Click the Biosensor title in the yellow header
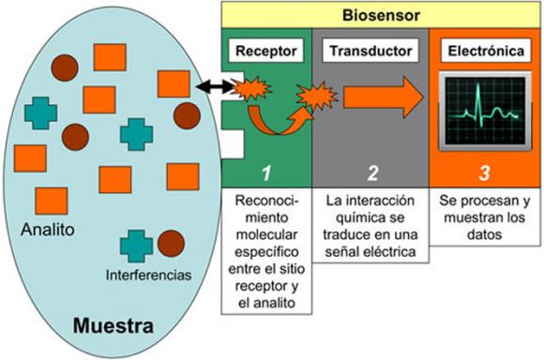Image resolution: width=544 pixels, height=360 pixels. pyautogui.click(x=380, y=14)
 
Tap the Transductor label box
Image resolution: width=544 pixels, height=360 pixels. pyautogui.click(x=368, y=52)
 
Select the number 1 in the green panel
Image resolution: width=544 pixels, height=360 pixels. pyautogui.click(x=265, y=171)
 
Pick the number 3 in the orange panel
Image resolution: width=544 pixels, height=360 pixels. pyautogui.click(x=484, y=171)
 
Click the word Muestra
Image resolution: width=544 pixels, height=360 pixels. pyautogui.click(x=113, y=329)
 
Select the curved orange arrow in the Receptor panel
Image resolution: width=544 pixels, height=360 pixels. pyautogui.click(x=274, y=120)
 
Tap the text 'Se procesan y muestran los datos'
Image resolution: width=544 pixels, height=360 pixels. pyautogui.click(x=485, y=217)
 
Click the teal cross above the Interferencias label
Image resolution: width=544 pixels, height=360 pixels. pyautogui.click(x=136, y=246)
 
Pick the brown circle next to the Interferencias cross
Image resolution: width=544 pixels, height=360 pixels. pyautogui.click(x=170, y=245)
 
